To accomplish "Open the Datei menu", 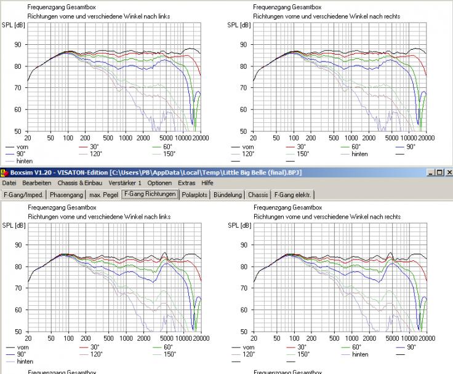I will (9, 183).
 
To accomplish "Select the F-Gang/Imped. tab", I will (23, 195).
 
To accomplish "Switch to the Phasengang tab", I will (67, 195).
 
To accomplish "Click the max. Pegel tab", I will (104, 195).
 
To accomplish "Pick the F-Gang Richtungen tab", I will (151, 195).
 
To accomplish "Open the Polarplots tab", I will (196, 195).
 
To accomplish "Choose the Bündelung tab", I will (228, 195).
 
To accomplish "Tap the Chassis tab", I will (259, 195).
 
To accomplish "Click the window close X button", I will (448, 173).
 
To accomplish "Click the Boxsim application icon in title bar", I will (4, 173).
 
